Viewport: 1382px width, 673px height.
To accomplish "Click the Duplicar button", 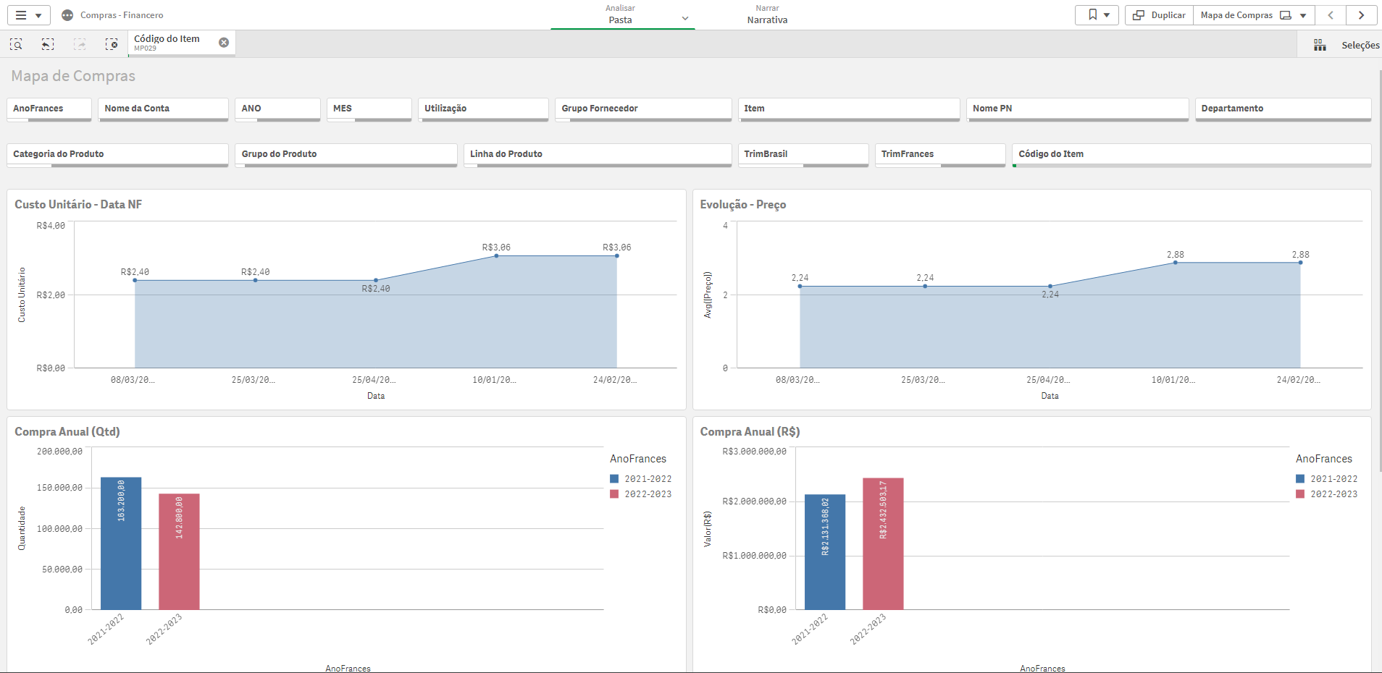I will tap(1159, 15).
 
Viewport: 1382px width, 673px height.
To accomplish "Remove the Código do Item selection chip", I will tap(224, 43).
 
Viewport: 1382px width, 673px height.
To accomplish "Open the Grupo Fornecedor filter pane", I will tap(642, 109).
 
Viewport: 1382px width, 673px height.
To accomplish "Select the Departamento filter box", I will tap(1282, 109).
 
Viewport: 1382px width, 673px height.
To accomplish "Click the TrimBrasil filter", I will tap(803, 154).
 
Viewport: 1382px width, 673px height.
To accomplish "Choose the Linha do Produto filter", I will tap(597, 154).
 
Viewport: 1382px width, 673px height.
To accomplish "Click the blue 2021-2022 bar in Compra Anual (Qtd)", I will tap(121, 543).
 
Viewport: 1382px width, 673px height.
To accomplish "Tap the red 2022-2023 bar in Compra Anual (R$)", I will tap(883, 543).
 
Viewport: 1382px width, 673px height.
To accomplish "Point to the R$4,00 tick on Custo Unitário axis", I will tap(51, 226).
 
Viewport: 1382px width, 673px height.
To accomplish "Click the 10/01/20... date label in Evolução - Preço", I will tap(1173, 380).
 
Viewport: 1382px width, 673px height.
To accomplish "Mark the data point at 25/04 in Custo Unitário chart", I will tap(376, 280).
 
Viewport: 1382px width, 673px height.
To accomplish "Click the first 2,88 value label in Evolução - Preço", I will tap(1175, 255).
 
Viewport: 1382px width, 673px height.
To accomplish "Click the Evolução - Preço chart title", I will tap(742, 205).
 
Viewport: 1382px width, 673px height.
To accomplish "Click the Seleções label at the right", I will tap(1360, 46).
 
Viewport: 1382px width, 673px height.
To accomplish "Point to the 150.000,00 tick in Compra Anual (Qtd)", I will tap(59, 488).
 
